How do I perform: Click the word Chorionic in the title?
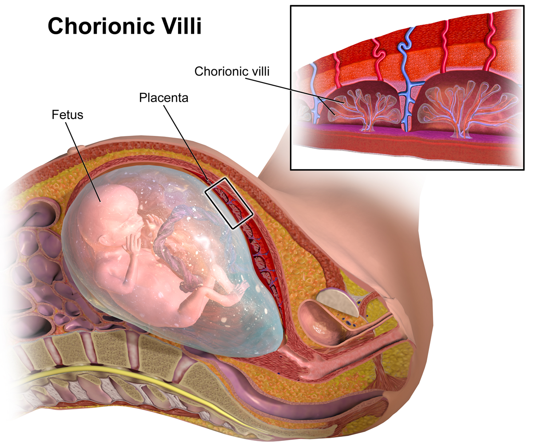pyautogui.click(x=101, y=26)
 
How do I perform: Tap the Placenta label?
pyautogui.click(x=163, y=98)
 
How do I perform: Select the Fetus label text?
pyautogui.click(x=68, y=115)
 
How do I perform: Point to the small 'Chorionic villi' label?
pyautogui.click(x=232, y=71)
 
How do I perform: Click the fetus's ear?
pyautogui.click(x=103, y=240)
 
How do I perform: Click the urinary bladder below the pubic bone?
pyautogui.click(x=320, y=323)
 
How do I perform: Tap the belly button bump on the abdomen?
pyautogui.click(x=76, y=149)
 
